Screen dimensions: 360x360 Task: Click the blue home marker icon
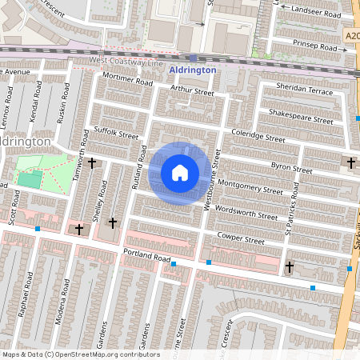[180, 173]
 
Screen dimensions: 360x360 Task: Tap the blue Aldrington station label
[193, 70]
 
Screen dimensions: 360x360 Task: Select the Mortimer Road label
[126, 81]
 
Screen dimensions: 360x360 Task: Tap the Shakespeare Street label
[301, 117]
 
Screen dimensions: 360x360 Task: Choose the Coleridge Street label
[257, 134]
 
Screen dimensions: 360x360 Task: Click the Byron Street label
[291, 168]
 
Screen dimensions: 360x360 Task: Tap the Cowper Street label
[241, 239]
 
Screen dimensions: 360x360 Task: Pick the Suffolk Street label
[116, 132]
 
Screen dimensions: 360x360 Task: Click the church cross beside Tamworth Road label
[93, 163]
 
